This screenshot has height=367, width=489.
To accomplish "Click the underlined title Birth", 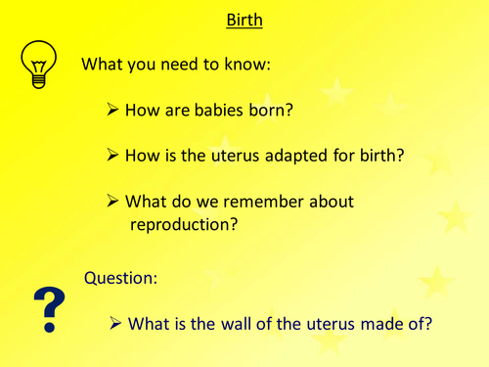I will pos(244,21).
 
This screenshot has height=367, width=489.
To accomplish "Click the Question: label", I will pos(121,277).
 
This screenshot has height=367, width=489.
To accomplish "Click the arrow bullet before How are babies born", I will pos(113,111).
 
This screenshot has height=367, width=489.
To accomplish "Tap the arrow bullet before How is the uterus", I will pos(113,156).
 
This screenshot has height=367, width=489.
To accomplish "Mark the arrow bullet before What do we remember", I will pos(113,201).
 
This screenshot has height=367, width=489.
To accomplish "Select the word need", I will pos(184,65).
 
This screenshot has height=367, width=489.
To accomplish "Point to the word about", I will pos(327,201).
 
